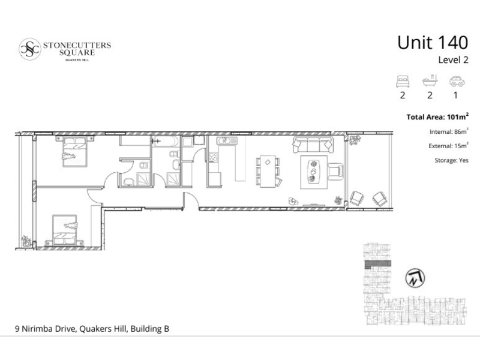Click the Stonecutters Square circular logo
click(x=29, y=49)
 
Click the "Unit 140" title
click(x=433, y=43)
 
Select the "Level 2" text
click(x=453, y=59)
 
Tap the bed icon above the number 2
click(x=403, y=82)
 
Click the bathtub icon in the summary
click(x=430, y=80)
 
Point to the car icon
click(x=457, y=82)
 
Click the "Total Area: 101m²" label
click(x=437, y=116)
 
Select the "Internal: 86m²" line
click(x=449, y=131)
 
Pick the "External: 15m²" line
click(x=448, y=146)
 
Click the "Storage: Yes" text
click(x=452, y=160)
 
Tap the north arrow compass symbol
click(x=415, y=278)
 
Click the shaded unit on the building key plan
click(x=378, y=263)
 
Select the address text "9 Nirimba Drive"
click(x=46, y=329)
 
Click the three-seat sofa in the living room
click(x=313, y=144)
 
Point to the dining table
click(x=268, y=171)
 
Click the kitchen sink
click(x=227, y=141)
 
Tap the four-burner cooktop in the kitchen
click(x=214, y=157)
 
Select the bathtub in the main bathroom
click(x=166, y=142)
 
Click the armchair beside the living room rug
click(x=335, y=172)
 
